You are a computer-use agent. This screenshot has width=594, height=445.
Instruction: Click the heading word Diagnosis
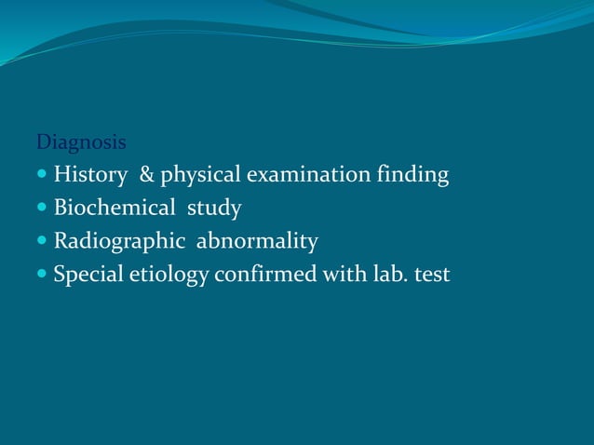[81, 143]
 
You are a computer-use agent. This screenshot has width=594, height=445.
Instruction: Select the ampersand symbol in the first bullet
[146, 174]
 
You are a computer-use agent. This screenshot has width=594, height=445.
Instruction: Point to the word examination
[305, 174]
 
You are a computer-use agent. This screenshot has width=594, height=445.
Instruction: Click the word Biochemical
[114, 208]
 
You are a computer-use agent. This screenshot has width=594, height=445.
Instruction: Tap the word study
[214, 209]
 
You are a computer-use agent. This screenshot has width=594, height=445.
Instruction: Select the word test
[429, 275]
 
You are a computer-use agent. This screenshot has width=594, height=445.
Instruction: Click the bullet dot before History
[42, 175]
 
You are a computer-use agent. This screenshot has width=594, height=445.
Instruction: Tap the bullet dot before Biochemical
[42, 209]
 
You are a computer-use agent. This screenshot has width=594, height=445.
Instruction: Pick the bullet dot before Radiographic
[42, 242]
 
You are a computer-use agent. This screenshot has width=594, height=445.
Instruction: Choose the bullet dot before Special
[42, 276]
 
